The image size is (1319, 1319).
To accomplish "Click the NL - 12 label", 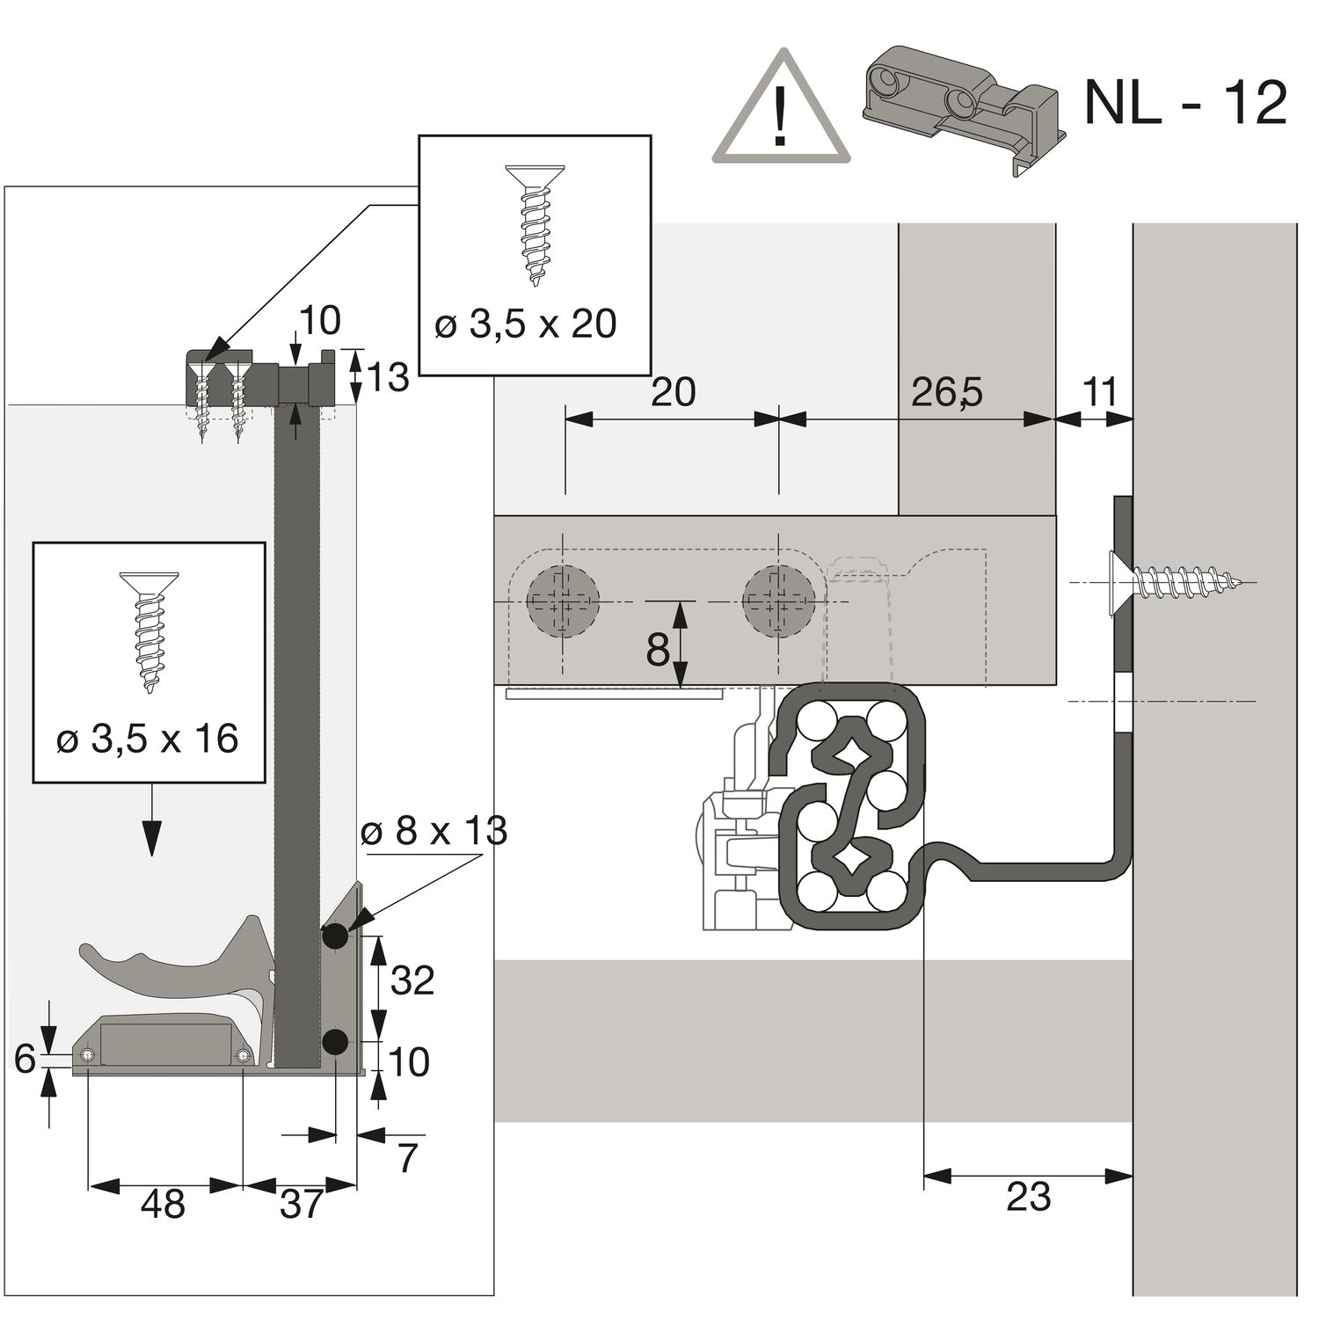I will point(1185,103).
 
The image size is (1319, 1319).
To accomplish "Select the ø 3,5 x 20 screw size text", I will point(525,324).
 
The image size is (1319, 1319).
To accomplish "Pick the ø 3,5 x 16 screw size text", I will point(147,739).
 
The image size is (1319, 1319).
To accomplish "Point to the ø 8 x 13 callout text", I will point(434,831).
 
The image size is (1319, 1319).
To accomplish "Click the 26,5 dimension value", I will point(946,392).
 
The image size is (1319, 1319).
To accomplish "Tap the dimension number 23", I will point(1027,1197).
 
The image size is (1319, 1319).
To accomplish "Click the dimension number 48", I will point(163,1204).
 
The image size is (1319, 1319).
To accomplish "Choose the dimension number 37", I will point(302,1204).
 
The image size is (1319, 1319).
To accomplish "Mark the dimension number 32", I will point(412,980).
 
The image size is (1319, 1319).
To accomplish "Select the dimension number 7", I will point(406,1159).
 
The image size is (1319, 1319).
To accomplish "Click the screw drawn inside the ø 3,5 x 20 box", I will point(535,224).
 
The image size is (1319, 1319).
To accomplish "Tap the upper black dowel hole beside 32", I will point(334,937).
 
